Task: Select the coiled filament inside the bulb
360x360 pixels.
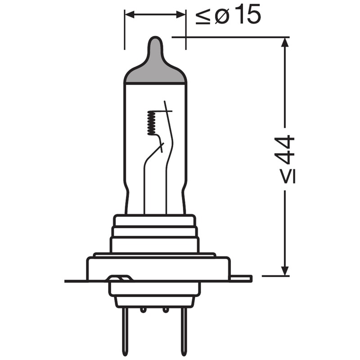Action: (x=151, y=123)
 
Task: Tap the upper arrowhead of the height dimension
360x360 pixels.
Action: (x=284, y=43)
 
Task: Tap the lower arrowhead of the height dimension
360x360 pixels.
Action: (x=284, y=270)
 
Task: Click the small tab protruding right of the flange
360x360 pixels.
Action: (x=241, y=279)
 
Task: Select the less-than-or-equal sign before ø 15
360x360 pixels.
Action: (x=202, y=17)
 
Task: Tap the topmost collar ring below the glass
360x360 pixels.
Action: (x=154, y=220)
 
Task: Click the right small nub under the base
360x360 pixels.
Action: (x=166, y=310)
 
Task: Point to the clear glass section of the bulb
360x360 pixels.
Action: (x=135, y=148)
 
